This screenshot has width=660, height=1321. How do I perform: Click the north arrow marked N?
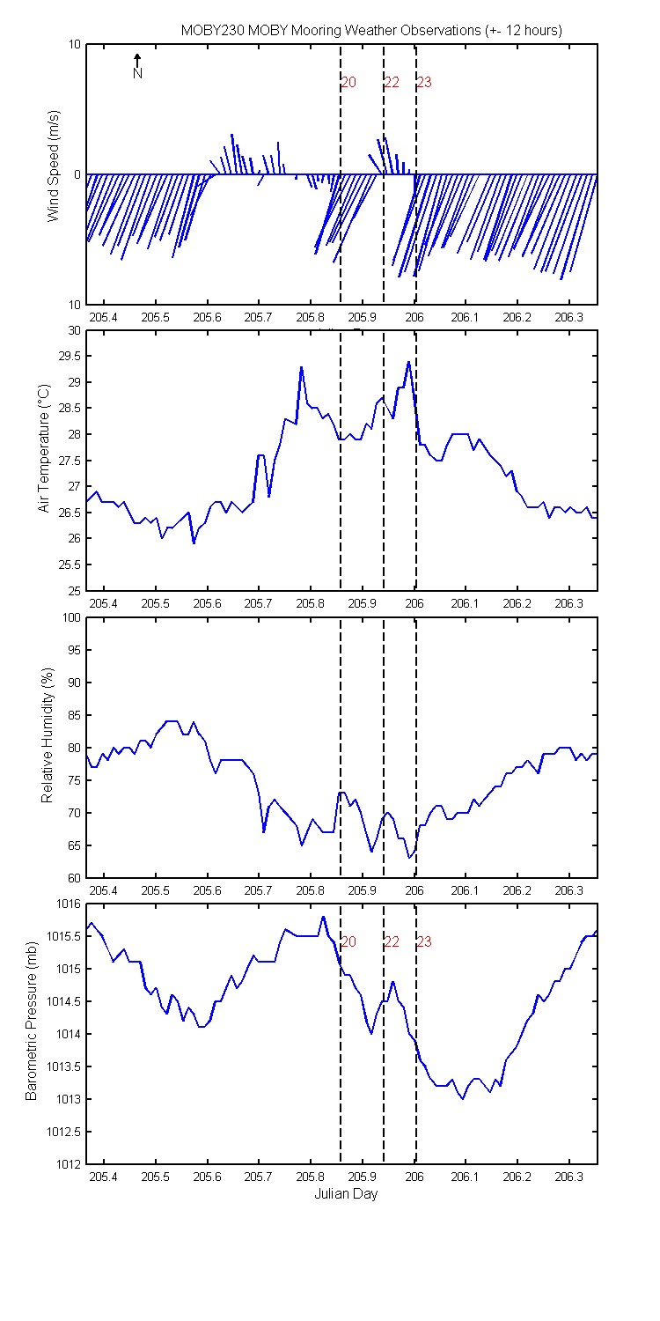(137, 66)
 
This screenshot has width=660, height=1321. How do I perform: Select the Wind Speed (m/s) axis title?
(54, 166)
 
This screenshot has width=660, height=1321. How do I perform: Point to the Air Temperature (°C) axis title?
(44, 448)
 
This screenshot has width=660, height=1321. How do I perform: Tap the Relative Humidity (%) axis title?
(48, 734)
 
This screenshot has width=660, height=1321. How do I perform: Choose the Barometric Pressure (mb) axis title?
(31, 1021)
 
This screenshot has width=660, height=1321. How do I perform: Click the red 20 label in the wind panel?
(348, 83)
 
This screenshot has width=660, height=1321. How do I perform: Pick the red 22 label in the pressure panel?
(392, 941)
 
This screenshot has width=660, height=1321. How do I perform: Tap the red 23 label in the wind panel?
(424, 83)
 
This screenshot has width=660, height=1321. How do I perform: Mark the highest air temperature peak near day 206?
(408, 361)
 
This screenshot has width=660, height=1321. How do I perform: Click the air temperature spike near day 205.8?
(302, 367)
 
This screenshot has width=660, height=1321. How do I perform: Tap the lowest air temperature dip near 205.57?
(194, 543)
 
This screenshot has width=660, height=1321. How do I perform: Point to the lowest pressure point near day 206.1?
(463, 1099)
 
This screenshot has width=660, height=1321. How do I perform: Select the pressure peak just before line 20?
(323, 917)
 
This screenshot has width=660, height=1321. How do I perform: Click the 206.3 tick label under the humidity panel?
(568, 890)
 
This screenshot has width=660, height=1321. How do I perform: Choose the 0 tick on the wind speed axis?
(77, 175)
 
